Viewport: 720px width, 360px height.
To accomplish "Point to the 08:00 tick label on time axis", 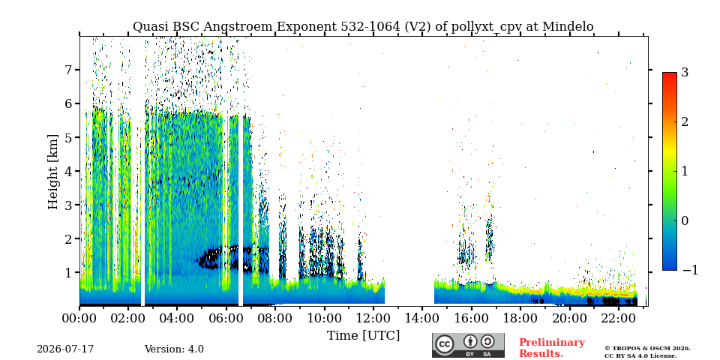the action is coord(275,318).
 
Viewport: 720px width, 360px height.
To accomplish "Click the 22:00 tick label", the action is coord(618,318).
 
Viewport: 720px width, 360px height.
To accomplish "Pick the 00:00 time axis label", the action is coord(79,318).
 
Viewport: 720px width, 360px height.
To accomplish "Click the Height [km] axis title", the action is coord(53,172).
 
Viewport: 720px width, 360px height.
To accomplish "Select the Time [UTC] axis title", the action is coord(363,336).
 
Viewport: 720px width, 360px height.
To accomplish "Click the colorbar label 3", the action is coord(685,73).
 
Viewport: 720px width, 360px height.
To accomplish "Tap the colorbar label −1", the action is coord(690,270).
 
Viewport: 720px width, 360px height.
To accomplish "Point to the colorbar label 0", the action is coord(685,220).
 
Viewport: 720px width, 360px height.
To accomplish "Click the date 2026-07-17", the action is coord(65,349).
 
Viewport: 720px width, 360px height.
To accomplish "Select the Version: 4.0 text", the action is coord(174,349).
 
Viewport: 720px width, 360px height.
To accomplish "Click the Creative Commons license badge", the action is coord(468,345).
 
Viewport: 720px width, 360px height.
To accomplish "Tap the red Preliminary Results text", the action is coord(552,348).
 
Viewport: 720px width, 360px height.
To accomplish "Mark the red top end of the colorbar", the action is coord(670,73).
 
